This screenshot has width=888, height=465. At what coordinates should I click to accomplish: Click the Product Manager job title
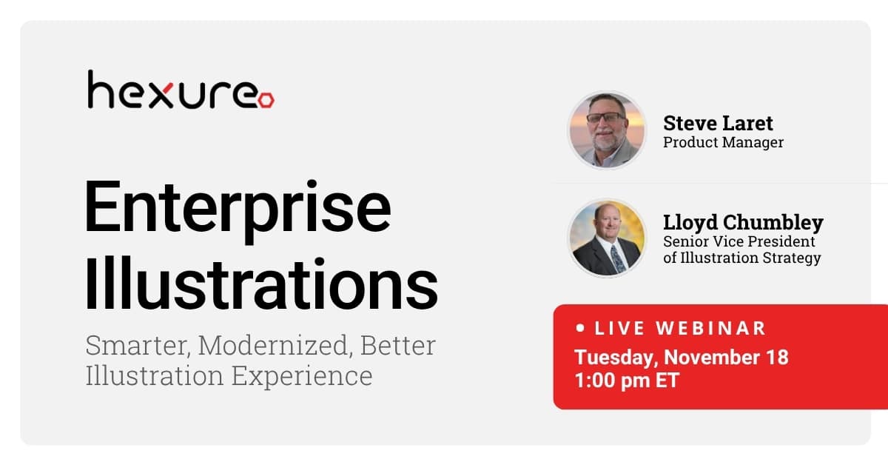pyautogui.click(x=723, y=142)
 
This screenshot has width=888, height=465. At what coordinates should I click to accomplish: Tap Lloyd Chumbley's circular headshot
pyautogui.click(x=607, y=237)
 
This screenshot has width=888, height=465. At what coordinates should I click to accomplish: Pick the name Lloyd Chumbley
pyautogui.click(x=743, y=223)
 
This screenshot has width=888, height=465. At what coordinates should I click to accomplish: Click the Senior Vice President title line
pyautogui.click(x=739, y=241)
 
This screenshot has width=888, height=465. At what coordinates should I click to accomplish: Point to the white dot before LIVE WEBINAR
pyautogui.click(x=581, y=327)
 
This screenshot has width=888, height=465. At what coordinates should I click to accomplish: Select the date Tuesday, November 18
pyautogui.click(x=681, y=357)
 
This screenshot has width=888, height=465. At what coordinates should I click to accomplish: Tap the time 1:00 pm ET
pyautogui.click(x=626, y=381)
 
